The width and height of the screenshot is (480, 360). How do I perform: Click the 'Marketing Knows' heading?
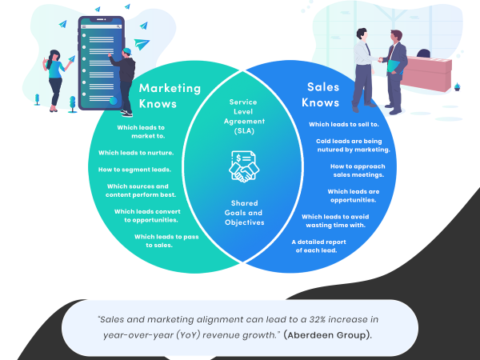pyautogui.click(x=168, y=95)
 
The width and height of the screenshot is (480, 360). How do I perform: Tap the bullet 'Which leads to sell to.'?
pyautogui.click(x=344, y=125)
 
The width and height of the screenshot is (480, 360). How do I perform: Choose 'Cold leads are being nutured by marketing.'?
pyautogui.click(x=353, y=145)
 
